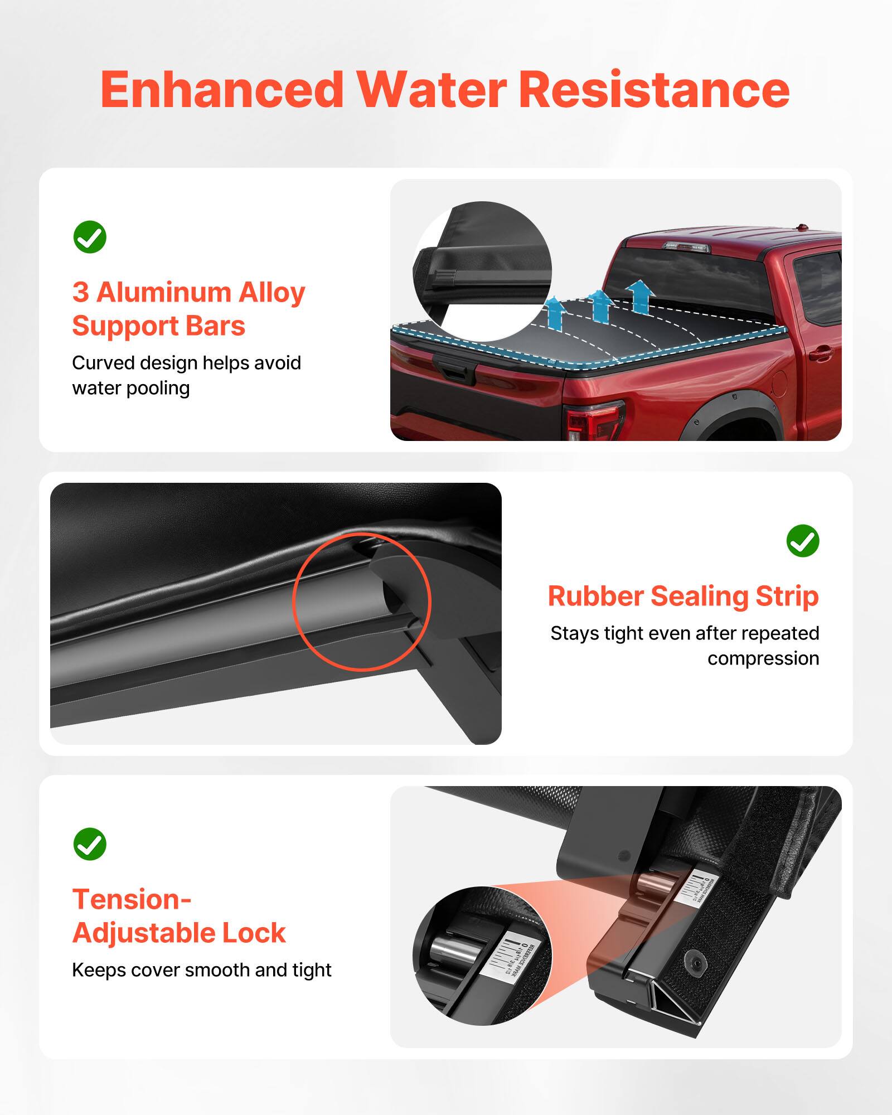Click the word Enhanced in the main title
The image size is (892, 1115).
[222, 90]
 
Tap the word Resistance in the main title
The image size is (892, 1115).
[653, 90]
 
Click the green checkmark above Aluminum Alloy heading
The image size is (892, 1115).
[90, 237]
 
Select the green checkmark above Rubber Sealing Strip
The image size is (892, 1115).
[802, 541]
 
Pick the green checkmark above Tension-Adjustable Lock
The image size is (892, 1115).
[90, 844]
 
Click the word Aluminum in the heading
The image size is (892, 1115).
[164, 292]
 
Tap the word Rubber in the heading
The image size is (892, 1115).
[595, 596]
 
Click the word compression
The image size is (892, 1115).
[763, 659]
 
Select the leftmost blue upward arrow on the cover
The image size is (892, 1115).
[555, 312]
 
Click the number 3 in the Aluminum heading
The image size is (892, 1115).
[80, 292]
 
